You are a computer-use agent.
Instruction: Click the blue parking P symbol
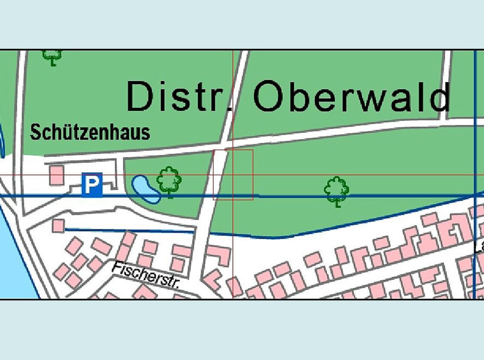(x=92, y=185)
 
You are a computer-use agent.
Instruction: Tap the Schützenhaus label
(x=90, y=132)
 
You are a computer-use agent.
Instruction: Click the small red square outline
(x=233, y=175)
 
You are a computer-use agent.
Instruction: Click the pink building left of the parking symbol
(x=56, y=175)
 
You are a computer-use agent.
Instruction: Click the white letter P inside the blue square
(x=92, y=185)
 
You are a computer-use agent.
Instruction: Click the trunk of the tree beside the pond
(x=170, y=194)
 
